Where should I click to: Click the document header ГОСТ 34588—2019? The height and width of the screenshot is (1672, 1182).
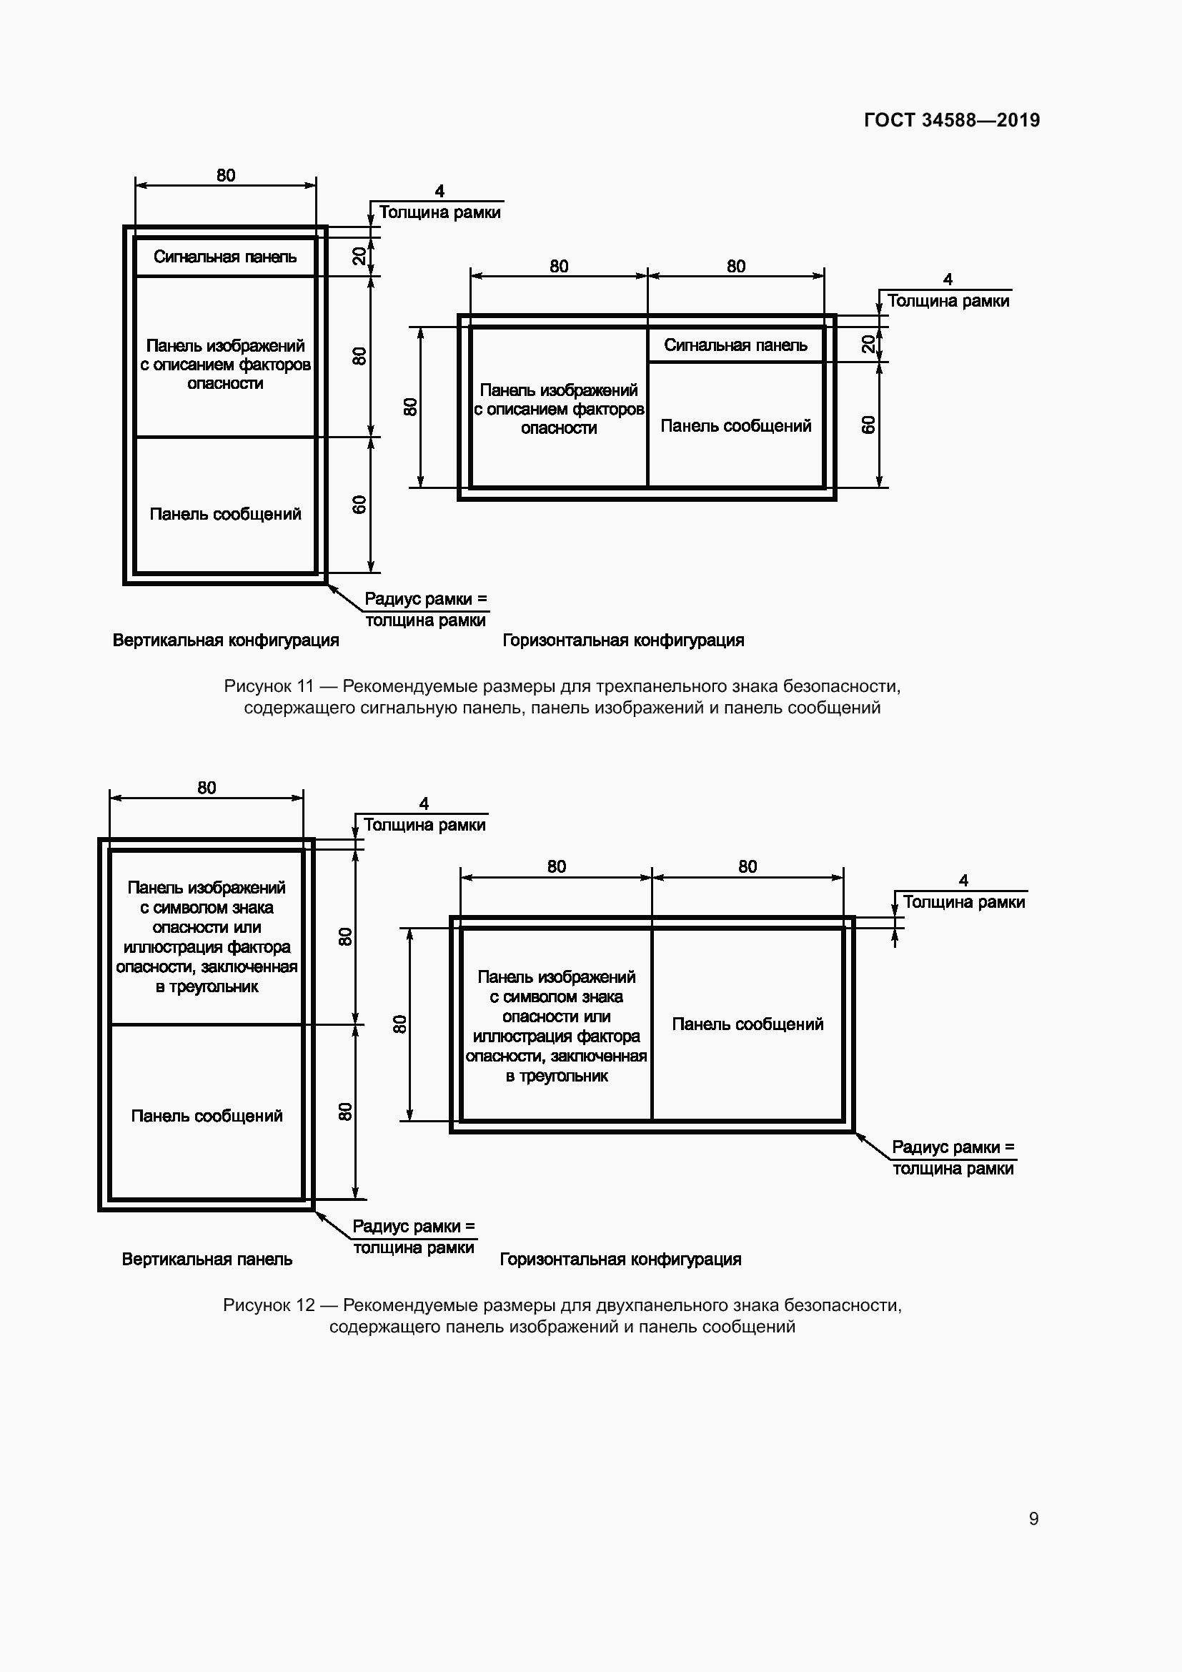coord(951,120)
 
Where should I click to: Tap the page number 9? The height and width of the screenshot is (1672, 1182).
coord(1033,1518)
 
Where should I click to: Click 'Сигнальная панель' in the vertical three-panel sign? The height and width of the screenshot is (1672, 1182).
coord(225,257)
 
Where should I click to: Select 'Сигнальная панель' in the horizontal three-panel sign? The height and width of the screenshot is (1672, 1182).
coord(735,345)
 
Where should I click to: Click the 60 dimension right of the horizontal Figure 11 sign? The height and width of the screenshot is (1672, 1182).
coord(868,425)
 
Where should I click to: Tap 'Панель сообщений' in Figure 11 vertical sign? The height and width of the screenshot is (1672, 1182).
coord(225,514)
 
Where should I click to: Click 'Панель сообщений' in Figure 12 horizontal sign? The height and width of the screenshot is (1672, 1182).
coord(748,1024)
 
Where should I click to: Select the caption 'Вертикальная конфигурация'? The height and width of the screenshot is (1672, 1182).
coord(226,640)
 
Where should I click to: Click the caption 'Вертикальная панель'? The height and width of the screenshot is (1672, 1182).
coord(207,1259)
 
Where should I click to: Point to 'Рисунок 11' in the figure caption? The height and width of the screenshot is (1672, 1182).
coord(269,686)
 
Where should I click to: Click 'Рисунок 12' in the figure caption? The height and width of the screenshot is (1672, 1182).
coord(268,1305)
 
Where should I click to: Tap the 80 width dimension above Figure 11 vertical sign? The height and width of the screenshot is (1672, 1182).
coord(226,176)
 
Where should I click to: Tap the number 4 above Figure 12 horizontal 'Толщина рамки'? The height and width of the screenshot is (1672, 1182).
coord(963,881)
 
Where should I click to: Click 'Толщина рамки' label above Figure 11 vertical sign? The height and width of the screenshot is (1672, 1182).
coord(439,212)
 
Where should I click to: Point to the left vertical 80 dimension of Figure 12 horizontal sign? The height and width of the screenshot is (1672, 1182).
coord(399,1024)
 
